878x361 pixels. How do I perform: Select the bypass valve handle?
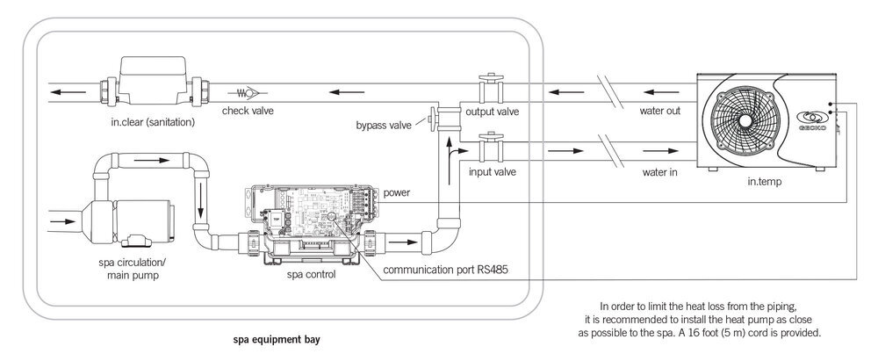432,118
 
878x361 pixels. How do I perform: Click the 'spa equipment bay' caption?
275,337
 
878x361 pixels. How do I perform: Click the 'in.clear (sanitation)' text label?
155,122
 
